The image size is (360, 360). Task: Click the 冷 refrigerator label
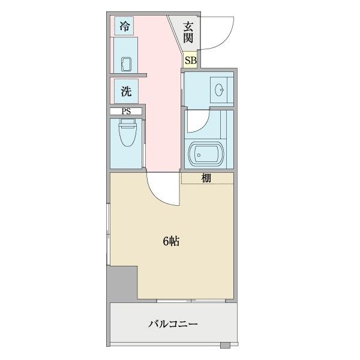pos(125,26)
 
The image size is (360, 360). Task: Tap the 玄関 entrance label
pos(188,32)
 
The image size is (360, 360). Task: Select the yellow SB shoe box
pos(190,60)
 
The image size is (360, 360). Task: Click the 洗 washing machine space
pos(126,92)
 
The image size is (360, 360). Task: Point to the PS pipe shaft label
pos(126,112)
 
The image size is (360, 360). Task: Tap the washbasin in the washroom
pos(220,91)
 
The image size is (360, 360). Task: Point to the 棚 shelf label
pos(206,178)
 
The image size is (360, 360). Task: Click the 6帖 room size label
pos(171,242)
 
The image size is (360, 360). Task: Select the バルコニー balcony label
pos(173,325)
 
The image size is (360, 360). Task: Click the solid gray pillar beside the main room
pos(122,282)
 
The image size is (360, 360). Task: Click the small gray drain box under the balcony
pos(225,346)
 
